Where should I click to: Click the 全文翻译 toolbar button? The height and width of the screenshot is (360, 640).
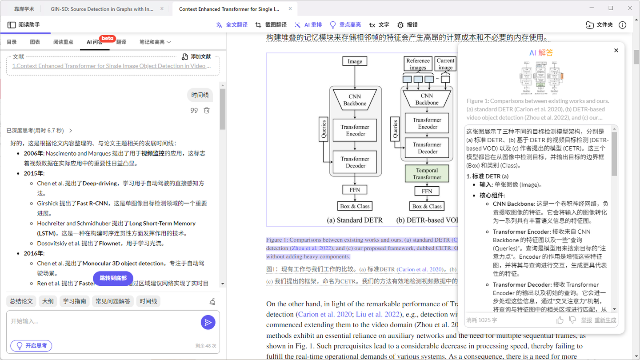tap(232, 25)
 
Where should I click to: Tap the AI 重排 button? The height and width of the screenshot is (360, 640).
tap(308, 25)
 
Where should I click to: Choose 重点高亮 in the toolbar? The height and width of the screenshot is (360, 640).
tap(345, 25)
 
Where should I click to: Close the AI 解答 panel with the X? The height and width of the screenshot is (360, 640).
tap(616, 51)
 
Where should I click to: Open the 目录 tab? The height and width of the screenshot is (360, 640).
tap(12, 42)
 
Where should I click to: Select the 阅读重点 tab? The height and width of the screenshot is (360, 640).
tap(63, 42)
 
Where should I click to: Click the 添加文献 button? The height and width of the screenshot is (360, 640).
tap(196, 56)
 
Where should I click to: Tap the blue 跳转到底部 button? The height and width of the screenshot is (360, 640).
tap(113, 278)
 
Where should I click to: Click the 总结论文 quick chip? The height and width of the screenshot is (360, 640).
tap(21, 301)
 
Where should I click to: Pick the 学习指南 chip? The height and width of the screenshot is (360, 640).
tap(74, 301)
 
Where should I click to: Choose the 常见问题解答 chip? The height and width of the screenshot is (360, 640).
tap(113, 301)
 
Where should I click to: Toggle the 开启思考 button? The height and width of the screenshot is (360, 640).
tap(31, 345)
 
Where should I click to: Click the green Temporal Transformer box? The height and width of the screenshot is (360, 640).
tap(427, 174)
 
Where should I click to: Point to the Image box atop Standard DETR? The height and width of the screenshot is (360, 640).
tap(355, 61)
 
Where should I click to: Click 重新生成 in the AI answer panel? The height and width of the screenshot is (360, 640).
tap(605, 320)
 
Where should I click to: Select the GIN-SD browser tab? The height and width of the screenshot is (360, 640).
tap(102, 8)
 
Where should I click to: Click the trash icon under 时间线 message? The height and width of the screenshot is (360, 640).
tap(207, 110)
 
